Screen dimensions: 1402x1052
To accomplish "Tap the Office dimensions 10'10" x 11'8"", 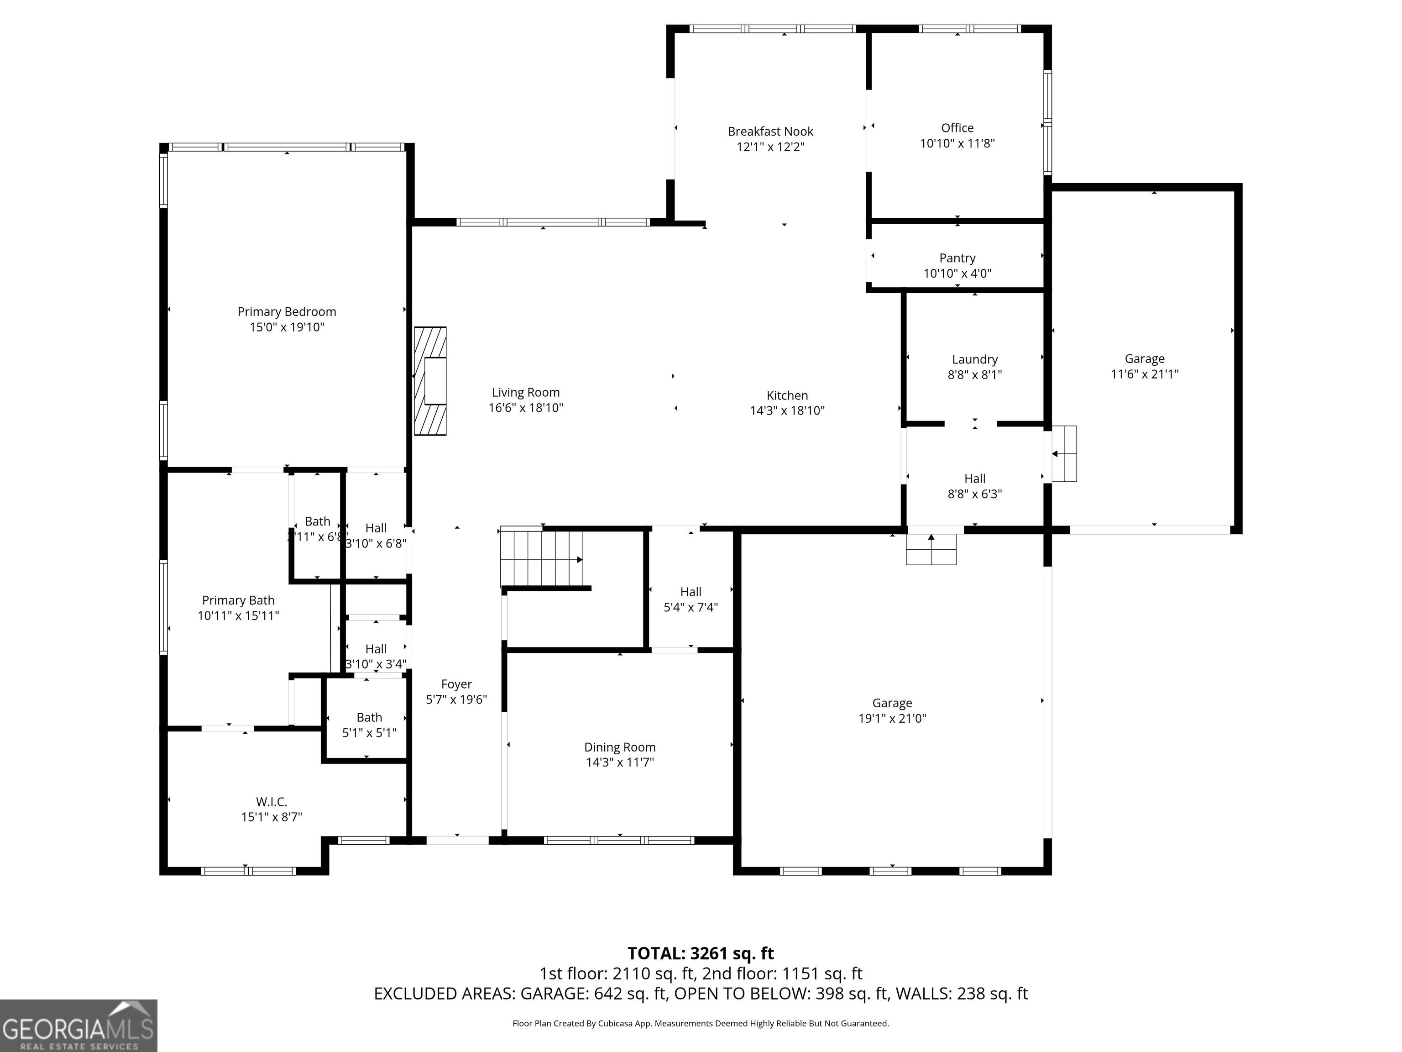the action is tap(957, 143).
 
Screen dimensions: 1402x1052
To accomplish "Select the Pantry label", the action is tap(957, 258).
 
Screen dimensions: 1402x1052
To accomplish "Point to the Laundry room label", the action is tap(975, 359).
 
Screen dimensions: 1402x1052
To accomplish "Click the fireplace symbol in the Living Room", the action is tap(430, 381).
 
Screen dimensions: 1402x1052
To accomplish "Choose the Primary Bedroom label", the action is tap(287, 311).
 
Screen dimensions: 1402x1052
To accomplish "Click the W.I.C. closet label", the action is tap(271, 801).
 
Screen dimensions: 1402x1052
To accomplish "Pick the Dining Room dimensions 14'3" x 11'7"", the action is tap(620, 762).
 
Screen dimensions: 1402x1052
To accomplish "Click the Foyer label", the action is tap(456, 684).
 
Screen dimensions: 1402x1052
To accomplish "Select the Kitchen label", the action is tap(787, 395).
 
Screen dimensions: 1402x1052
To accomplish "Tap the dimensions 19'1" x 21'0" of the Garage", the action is tap(892, 718).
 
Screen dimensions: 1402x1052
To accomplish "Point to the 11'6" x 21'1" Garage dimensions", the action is tap(1145, 374).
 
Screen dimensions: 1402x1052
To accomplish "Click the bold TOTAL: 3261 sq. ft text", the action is tap(701, 953).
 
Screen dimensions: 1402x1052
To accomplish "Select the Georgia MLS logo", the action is tap(78, 1026).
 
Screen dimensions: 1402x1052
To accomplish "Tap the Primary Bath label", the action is tap(238, 600).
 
